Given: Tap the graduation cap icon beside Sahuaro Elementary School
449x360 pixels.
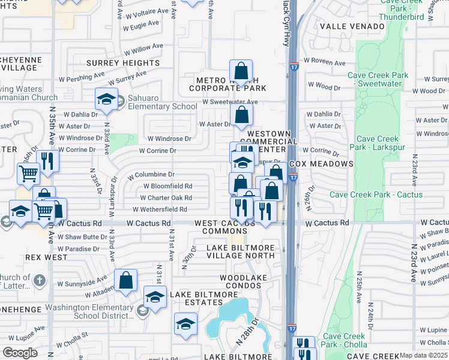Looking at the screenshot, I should (x=106, y=99).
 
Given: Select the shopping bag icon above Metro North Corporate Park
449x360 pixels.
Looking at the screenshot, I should (x=241, y=71).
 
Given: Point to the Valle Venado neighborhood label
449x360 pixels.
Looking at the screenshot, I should (x=352, y=26).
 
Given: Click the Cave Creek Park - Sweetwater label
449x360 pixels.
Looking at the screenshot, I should (x=378, y=80).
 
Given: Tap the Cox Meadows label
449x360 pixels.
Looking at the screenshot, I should (x=321, y=164).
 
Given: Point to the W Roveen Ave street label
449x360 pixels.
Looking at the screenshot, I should (x=324, y=62).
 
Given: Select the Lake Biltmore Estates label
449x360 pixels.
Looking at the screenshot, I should (x=199, y=298).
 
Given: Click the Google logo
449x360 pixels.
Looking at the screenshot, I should (x=20, y=353).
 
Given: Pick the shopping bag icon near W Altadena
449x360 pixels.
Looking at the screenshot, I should (x=126, y=280).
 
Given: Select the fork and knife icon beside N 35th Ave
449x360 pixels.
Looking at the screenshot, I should (x=47, y=161).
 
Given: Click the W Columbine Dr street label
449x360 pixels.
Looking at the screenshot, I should (x=151, y=175).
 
